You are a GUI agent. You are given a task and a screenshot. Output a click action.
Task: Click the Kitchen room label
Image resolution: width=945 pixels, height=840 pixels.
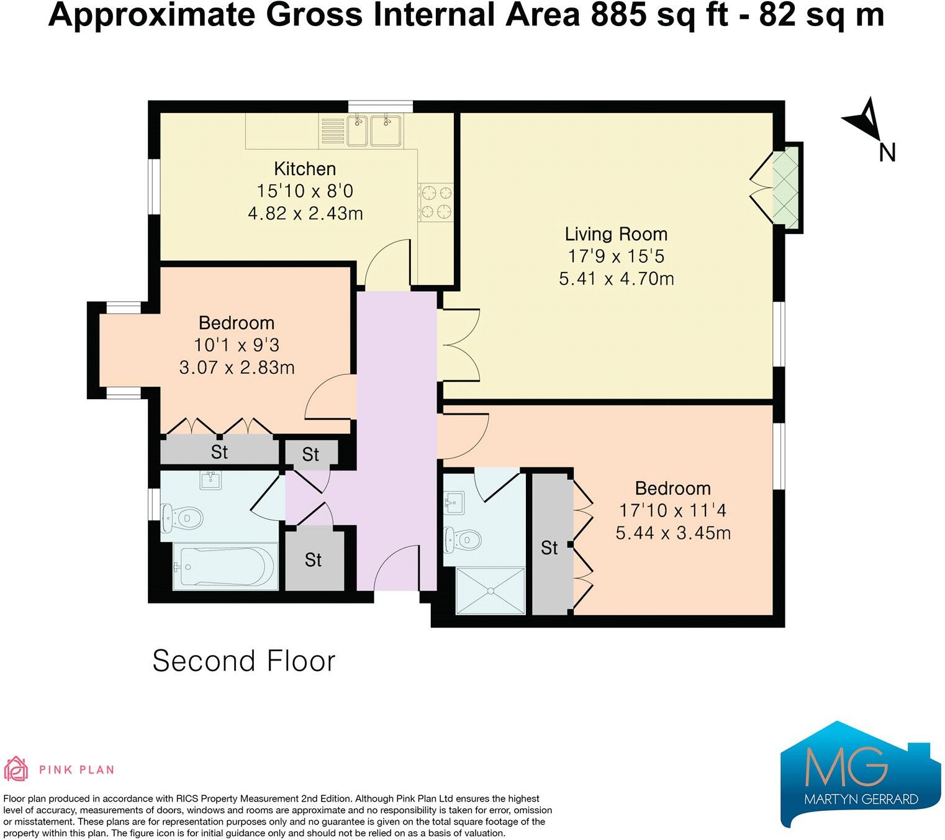305,168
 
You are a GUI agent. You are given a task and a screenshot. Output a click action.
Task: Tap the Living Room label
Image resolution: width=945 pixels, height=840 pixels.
616,233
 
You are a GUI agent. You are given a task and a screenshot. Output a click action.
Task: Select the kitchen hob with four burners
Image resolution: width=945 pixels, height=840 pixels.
436,203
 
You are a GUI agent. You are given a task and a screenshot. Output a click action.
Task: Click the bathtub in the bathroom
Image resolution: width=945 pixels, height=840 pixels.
225,567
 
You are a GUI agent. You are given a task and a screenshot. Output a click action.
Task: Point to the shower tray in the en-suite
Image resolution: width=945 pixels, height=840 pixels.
491,591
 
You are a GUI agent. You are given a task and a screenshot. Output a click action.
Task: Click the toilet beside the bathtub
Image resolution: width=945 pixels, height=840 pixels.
182,518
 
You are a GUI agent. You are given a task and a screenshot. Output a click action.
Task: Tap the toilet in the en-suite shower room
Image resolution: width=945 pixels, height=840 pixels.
462,540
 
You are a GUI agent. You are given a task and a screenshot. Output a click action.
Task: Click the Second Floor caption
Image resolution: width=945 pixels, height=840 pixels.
244,661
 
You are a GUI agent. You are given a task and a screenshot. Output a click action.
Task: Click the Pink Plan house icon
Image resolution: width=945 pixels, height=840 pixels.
16,769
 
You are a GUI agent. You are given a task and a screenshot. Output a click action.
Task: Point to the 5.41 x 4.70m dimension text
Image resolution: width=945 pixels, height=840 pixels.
616,278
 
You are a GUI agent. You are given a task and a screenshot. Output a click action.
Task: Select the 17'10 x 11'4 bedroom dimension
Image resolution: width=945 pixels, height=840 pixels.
672,510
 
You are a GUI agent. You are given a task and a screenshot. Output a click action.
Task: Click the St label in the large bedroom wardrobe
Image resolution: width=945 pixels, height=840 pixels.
549,548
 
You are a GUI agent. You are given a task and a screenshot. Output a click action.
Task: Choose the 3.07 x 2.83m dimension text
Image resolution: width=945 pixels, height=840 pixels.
237,368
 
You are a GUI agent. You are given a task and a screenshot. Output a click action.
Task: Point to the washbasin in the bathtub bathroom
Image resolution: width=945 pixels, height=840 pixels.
211,481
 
